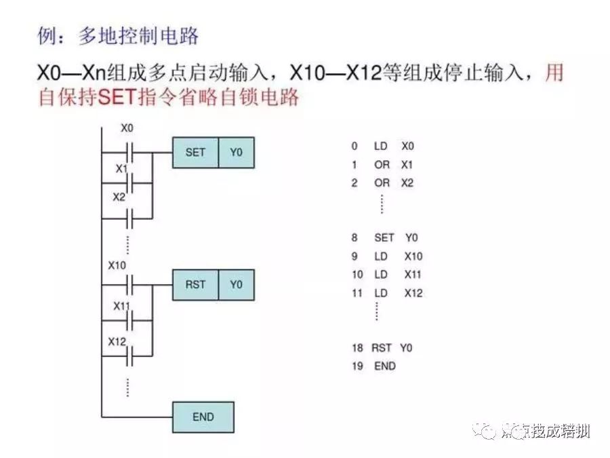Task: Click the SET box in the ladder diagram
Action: pos(195,153)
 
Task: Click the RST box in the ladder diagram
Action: pos(195,284)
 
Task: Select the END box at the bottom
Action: pos(203,417)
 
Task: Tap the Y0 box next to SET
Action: pos(236,153)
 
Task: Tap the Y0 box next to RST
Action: pos(236,284)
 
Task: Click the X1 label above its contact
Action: pos(121,168)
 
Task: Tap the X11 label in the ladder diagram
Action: pos(121,306)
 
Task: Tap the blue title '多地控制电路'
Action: pos(138,35)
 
